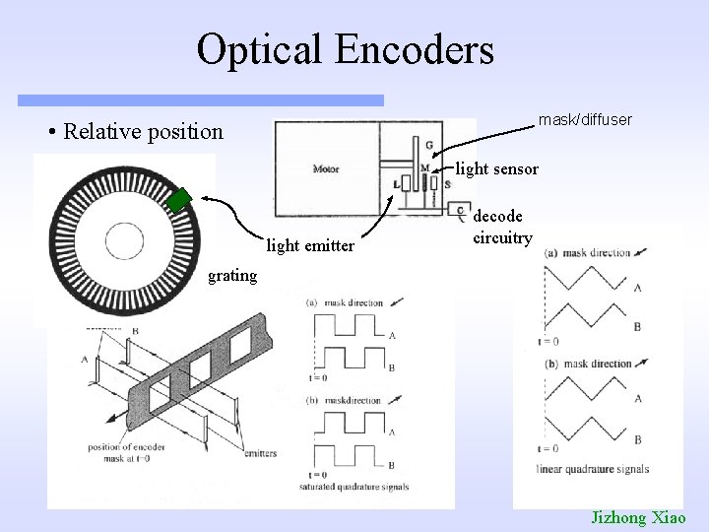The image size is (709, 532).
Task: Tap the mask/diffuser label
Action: coord(584,119)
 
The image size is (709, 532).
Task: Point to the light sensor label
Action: coord(496,168)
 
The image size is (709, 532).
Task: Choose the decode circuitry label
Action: coord(502,226)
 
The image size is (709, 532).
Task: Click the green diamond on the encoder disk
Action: coord(178,200)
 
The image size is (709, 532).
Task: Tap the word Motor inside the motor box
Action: coord(326,167)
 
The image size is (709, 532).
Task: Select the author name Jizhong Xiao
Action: coord(643,516)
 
